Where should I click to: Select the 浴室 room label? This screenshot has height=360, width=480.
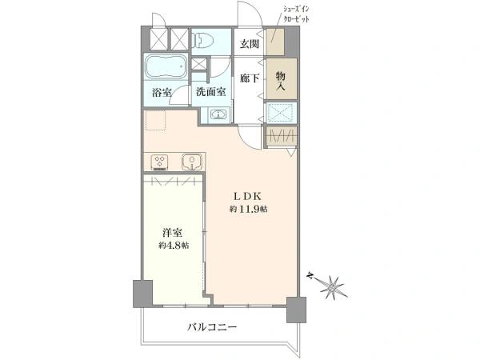(x=162, y=92)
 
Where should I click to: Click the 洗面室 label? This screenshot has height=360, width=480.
(x=211, y=92)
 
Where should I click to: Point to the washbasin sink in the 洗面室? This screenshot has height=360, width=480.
(x=218, y=114)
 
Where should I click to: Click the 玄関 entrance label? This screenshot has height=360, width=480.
(x=248, y=45)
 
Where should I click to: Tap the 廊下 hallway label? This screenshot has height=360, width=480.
(x=249, y=78)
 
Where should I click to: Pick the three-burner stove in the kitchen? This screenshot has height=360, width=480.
(x=160, y=162)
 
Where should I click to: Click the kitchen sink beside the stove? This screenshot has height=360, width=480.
(x=192, y=162)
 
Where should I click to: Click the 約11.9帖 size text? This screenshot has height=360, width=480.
(x=248, y=209)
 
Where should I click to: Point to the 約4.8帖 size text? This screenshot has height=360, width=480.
(x=173, y=246)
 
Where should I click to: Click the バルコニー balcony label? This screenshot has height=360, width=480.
(x=214, y=326)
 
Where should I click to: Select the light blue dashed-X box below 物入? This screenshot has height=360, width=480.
(x=282, y=113)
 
